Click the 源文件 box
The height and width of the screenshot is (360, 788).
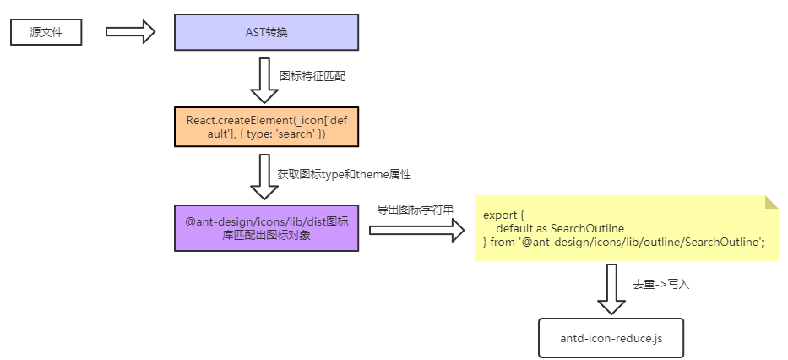tap(46, 33)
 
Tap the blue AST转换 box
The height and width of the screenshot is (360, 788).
tap(266, 32)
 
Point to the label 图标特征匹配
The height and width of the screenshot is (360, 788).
tap(312, 76)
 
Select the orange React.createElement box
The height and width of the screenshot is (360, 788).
tap(266, 128)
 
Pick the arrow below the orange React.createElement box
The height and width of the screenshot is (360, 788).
tap(267, 176)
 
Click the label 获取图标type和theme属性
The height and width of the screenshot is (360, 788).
tap(344, 174)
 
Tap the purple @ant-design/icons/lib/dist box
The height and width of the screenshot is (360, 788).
tap(266, 228)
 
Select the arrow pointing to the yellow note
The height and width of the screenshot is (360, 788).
tap(416, 229)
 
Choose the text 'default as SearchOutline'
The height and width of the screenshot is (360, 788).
tap(559, 229)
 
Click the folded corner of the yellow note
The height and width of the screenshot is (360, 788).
tap(771, 202)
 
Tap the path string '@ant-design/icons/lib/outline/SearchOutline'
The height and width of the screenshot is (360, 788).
tap(641, 243)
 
